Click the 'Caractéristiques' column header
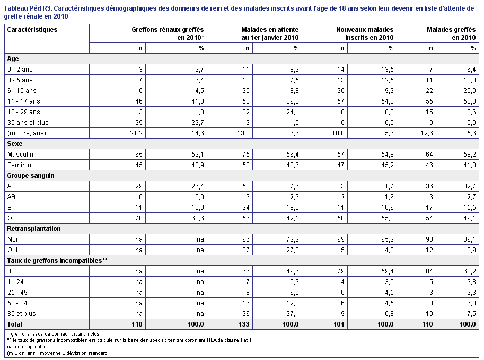[x=32, y=30]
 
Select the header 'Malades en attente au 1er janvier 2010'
[x=270, y=33]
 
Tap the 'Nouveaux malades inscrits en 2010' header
[x=365, y=33]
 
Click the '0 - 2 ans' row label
[x=20, y=69]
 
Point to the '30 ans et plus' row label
[x=28, y=123]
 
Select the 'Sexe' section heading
[x=14, y=144]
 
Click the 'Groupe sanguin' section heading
[x=31, y=176]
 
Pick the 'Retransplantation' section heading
[x=33, y=229]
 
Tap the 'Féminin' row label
[x=19, y=165]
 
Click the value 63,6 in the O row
[x=198, y=218]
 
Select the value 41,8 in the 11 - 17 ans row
[x=198, y=101]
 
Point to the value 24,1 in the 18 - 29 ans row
[x=292, y=112]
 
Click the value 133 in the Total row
[x=244, y=324]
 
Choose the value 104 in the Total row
[x=339, y=324]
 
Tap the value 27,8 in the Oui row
[x=292, y=250]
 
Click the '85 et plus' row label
[x=22, y=314]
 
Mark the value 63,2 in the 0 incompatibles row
[x=470, y=271]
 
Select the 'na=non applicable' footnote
[x=27, y=347]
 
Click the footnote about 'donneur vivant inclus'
[x=53, y=334]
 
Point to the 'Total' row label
[x=14, y=324]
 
